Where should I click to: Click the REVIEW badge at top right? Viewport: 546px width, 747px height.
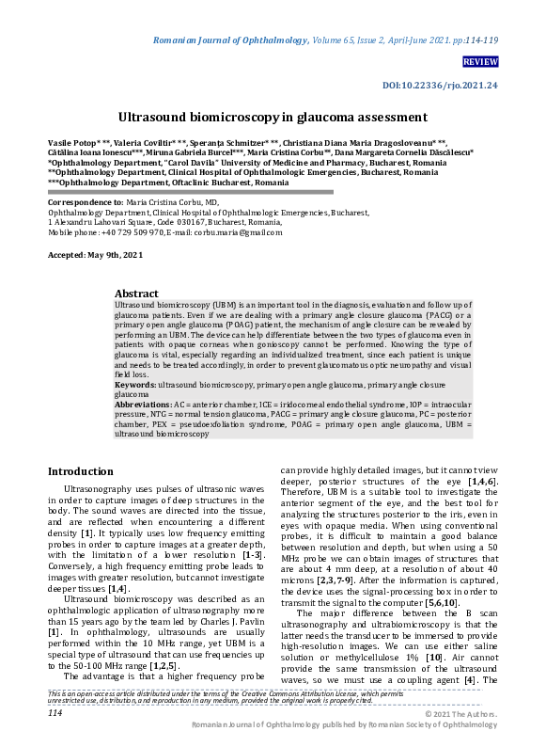pyautogui.click(x=480, y=61)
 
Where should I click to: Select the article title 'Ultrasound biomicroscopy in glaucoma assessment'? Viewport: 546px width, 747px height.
pyautogui.click(x=273, y=118)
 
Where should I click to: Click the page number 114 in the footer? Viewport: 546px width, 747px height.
pyautogui.click(x=55, y=713)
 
